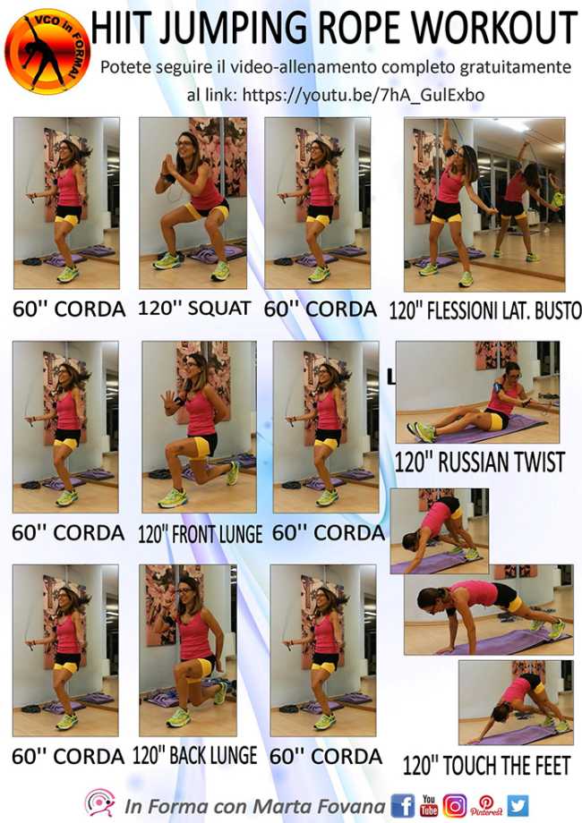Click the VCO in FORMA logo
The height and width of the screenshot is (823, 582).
coord(47,51)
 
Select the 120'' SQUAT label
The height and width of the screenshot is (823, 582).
coord(194,309)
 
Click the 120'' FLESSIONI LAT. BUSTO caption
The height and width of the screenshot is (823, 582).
coord(485,310)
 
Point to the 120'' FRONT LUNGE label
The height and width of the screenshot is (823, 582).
coord(200,534)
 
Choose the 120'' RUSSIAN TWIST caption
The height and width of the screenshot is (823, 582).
coord(479,462)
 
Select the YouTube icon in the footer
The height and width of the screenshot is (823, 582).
coord(429,804)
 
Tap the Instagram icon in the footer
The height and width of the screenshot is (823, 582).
coord(455,804)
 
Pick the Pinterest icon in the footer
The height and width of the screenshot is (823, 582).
coord(486,804)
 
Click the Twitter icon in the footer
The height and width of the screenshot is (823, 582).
coord(518,804)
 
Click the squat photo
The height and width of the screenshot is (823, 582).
coord(193,203)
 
